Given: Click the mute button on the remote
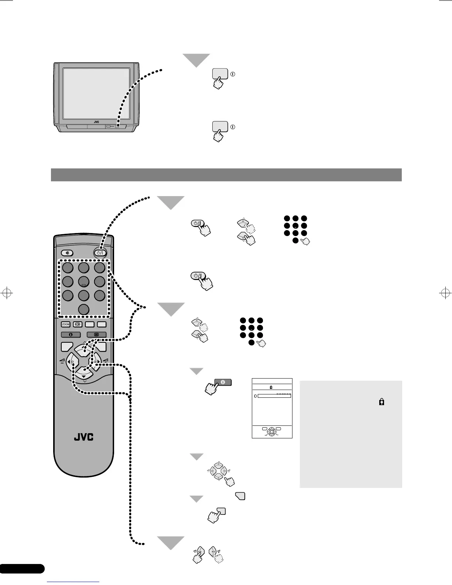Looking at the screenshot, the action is pyautogui.click(x=67, y=253).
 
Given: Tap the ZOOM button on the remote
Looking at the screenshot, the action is pyautogui.click(x=66, y=324).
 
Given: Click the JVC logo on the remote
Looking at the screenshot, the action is pyautogui.click(x=84, y=437).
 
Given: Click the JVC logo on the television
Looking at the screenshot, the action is pyautogui.click(x=96, y=122).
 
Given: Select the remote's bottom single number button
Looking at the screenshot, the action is pyautogui.click(x=84, y=309).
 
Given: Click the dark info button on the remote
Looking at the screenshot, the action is pyautogui.click(x=71, y=335).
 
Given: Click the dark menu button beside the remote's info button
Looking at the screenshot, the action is pyautogui.click(x=96, y=335).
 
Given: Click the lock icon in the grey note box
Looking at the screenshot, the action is pyautogui.click(x=381, y=402).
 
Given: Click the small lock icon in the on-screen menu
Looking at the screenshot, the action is pyautogui.click(x=271, y=387).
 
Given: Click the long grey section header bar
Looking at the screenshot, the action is pyautogui.click(x=226, y=175).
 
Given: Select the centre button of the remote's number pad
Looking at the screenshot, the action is pyautogui.click(x=84, y=282).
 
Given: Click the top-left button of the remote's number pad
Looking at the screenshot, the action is pyautogui.click(x=68, y=267).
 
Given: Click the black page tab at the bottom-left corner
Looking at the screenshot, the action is pyautogui.click(x=22, y=569).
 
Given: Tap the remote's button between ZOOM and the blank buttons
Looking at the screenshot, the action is pyautogui.click(x=78, y=324).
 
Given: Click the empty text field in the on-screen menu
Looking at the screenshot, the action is pyautogui.click(x=274, y=396).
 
